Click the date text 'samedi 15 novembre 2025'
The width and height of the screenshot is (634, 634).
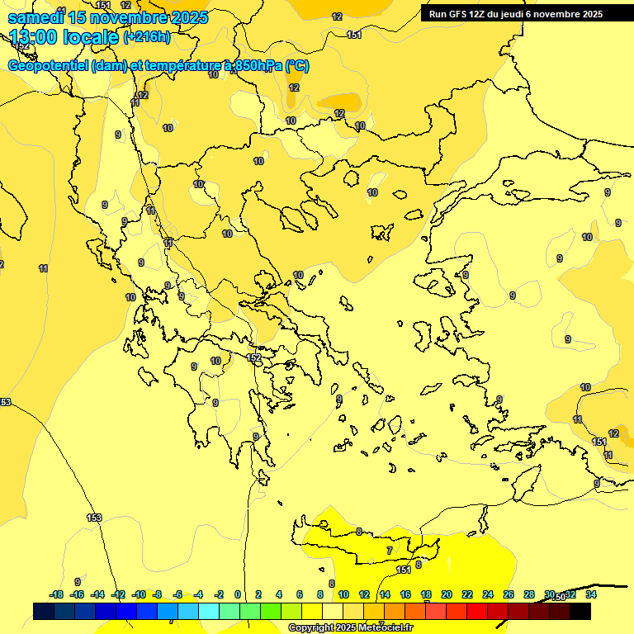(108, 17)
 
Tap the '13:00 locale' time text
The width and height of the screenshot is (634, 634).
(64, 36)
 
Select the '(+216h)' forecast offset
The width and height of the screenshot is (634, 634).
(147, 37)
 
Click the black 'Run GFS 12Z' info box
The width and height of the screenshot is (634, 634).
(516, 14)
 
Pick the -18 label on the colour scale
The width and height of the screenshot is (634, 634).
(56, 594)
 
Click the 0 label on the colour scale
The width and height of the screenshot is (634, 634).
(238, 594)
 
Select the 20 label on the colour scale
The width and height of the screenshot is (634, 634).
(447, 594)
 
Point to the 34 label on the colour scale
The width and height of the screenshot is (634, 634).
(590, 594)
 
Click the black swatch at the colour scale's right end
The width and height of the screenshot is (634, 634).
(580, 611)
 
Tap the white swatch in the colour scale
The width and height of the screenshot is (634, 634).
(333, 611)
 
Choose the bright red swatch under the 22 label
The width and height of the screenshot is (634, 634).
(477, 611)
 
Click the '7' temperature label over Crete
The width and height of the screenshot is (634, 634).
(390, 550)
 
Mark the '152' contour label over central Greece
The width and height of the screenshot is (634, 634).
(254, 357)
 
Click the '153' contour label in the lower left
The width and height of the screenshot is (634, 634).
(94, 518)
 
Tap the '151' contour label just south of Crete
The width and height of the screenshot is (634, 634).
(404, 570)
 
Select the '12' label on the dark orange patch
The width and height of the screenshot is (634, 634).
(339, 113)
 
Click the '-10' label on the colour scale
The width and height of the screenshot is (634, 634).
(139, 594)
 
